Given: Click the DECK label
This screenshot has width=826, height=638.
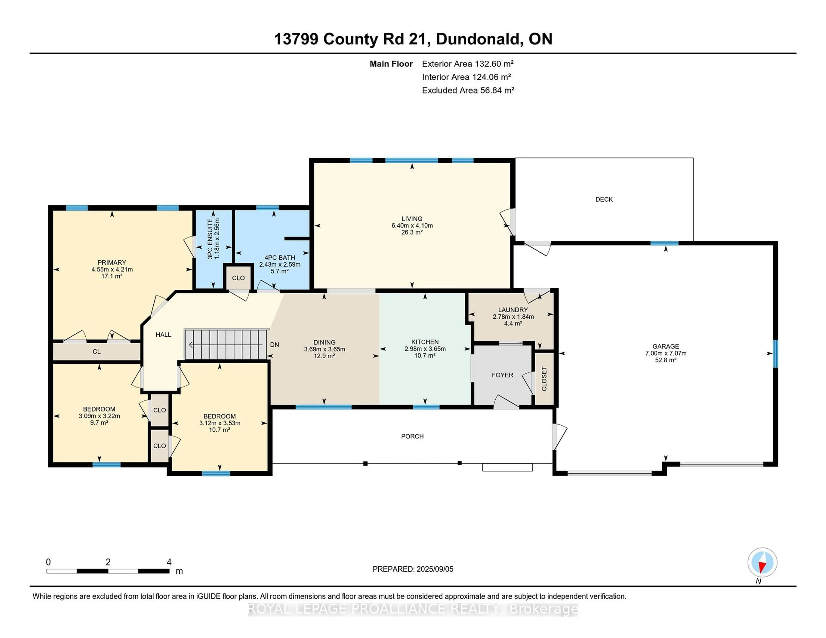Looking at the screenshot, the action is (604, 199).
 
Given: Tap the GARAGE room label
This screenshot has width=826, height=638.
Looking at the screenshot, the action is (666, 346).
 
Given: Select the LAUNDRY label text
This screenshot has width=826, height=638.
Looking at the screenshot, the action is (513, 310).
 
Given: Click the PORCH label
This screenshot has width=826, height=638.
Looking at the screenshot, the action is (412, 436).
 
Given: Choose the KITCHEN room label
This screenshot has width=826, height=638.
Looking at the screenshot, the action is (425, 342).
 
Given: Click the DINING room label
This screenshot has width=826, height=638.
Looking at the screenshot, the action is (325, 342).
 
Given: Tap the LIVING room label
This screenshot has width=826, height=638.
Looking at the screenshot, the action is (412, 218).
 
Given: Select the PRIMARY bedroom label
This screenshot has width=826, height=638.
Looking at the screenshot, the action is (112, 262).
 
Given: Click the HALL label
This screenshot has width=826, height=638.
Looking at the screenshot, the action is (163, 334).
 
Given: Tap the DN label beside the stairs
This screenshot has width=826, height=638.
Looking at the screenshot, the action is (274, 345).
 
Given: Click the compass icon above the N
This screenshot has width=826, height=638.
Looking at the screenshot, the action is (762, 562).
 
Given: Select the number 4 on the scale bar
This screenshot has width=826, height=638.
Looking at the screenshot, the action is (169, 562).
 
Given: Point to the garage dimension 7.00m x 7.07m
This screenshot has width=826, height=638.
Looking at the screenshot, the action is (666, 353).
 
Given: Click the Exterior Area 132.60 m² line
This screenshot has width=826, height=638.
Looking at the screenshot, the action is (468, 64).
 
